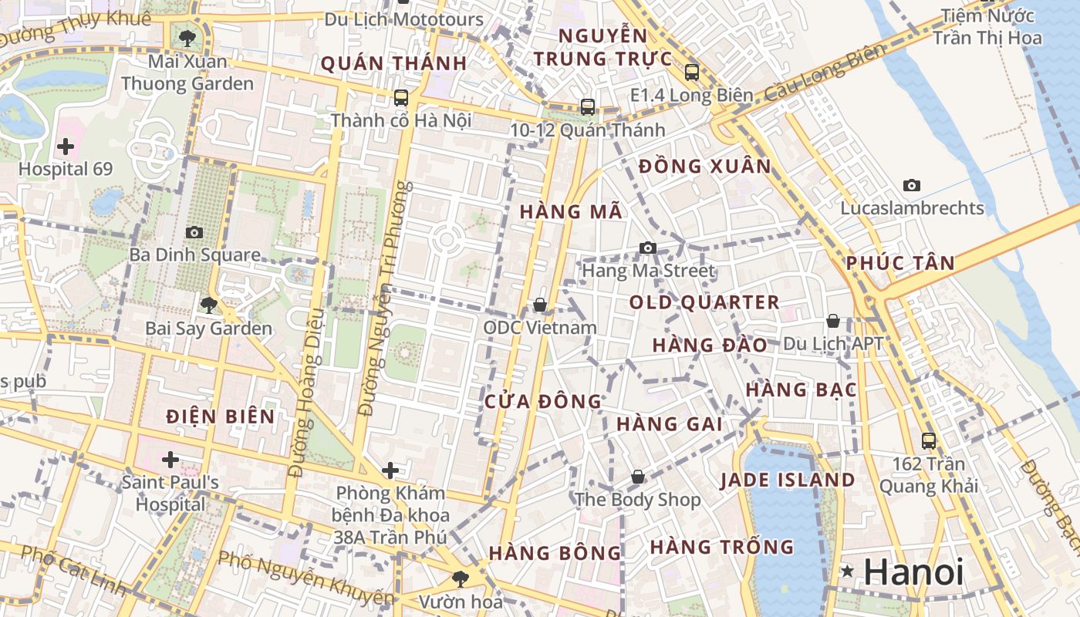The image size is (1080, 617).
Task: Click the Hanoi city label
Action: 914,572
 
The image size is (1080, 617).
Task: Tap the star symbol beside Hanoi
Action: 848,571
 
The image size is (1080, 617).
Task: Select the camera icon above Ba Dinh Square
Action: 194,232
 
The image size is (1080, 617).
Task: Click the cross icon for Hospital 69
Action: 66,146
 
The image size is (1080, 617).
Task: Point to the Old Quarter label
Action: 704,302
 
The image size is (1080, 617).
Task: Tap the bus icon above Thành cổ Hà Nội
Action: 400,98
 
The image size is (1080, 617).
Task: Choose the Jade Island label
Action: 787,480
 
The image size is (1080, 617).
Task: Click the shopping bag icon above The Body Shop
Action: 637,477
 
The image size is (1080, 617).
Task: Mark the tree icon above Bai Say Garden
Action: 208,305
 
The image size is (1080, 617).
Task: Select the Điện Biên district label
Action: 221,416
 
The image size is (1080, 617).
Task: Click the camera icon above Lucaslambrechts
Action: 912,185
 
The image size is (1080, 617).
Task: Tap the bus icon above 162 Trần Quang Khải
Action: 929,441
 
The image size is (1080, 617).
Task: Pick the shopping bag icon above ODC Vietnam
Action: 540,305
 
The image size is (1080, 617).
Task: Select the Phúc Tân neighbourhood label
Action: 900,263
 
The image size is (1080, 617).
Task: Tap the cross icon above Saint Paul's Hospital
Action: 170,460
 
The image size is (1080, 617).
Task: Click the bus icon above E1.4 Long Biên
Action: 691,72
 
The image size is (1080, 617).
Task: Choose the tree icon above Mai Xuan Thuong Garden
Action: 187,37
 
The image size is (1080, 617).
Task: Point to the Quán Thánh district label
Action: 393,63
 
